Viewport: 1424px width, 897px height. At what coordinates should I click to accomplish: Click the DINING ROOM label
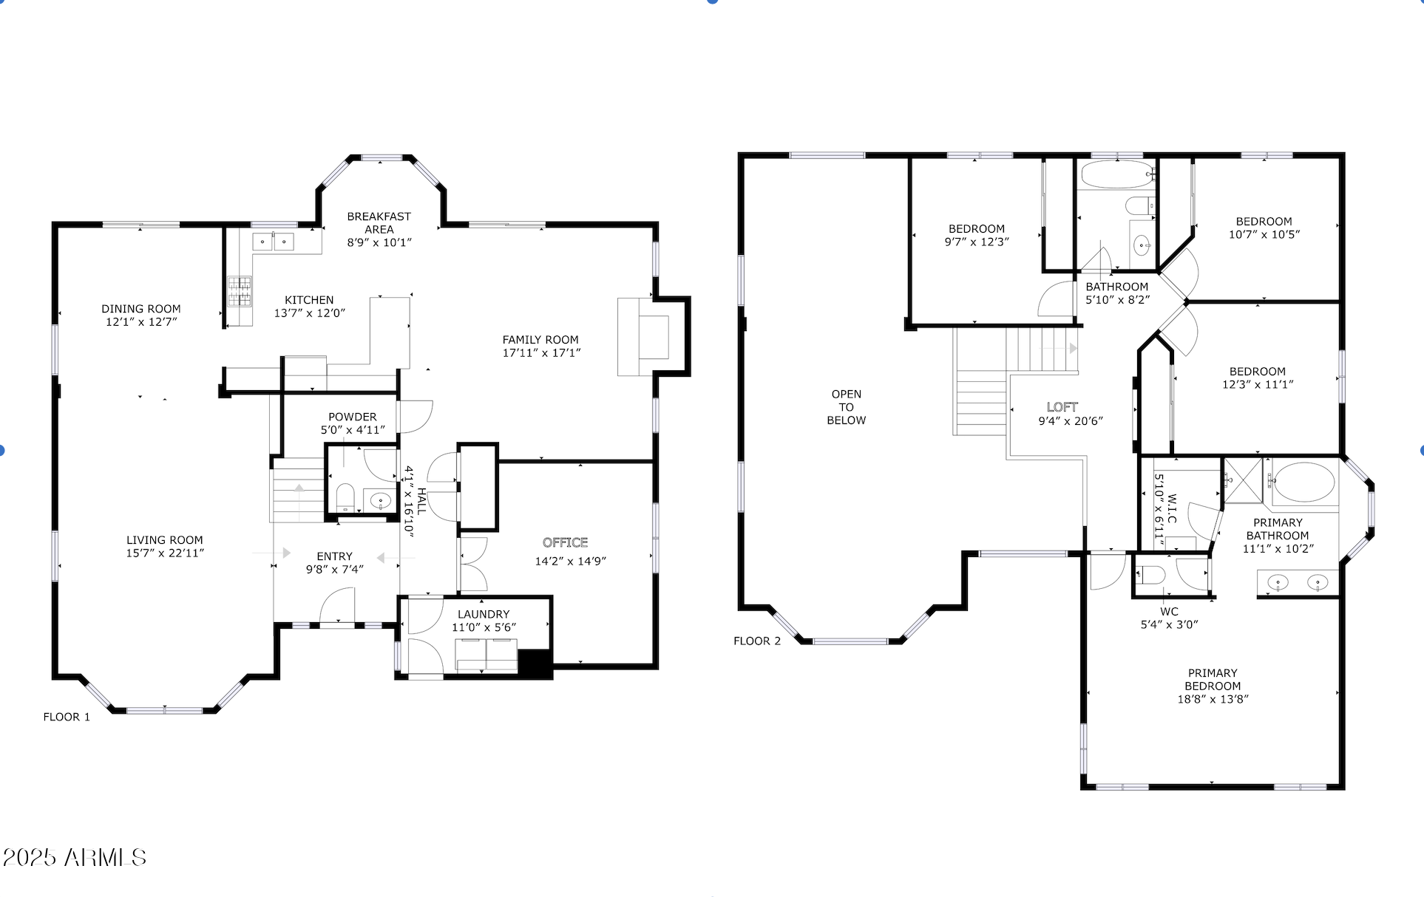(141, 309)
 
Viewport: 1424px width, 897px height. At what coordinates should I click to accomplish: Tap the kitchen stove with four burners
(240, 291)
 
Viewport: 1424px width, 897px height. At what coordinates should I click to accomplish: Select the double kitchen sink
(273, 242)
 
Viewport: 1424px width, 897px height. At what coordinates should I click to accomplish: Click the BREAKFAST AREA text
(379, 222)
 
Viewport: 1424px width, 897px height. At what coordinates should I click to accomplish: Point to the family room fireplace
(644, 337)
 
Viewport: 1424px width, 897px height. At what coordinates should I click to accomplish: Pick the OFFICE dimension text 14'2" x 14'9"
(570, 561)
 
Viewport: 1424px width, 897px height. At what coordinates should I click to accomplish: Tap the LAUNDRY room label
(484, 614)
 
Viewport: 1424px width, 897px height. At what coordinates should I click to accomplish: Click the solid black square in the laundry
(535, 663)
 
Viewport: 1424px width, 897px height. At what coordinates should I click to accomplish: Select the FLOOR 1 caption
(67, 717)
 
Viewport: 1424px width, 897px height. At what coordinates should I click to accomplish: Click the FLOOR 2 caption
(757, 641)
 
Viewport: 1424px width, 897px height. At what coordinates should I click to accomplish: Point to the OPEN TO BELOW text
(847, 407)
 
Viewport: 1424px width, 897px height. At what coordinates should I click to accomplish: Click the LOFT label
(1062, 407)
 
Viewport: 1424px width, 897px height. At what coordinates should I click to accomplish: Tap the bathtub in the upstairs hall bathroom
(1116, 175)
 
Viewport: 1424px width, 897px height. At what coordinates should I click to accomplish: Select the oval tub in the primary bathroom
(1304, 482)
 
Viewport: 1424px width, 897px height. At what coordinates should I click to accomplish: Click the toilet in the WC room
(1150, 574)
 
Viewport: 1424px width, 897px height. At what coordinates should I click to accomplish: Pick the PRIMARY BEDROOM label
(1213, 679)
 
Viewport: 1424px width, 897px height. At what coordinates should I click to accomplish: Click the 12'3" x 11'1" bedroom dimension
(1258, 384)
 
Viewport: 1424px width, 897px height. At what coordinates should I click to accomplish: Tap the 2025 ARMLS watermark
(75, 857)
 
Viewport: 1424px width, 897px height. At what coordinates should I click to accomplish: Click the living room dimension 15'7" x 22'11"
(165, 553)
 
